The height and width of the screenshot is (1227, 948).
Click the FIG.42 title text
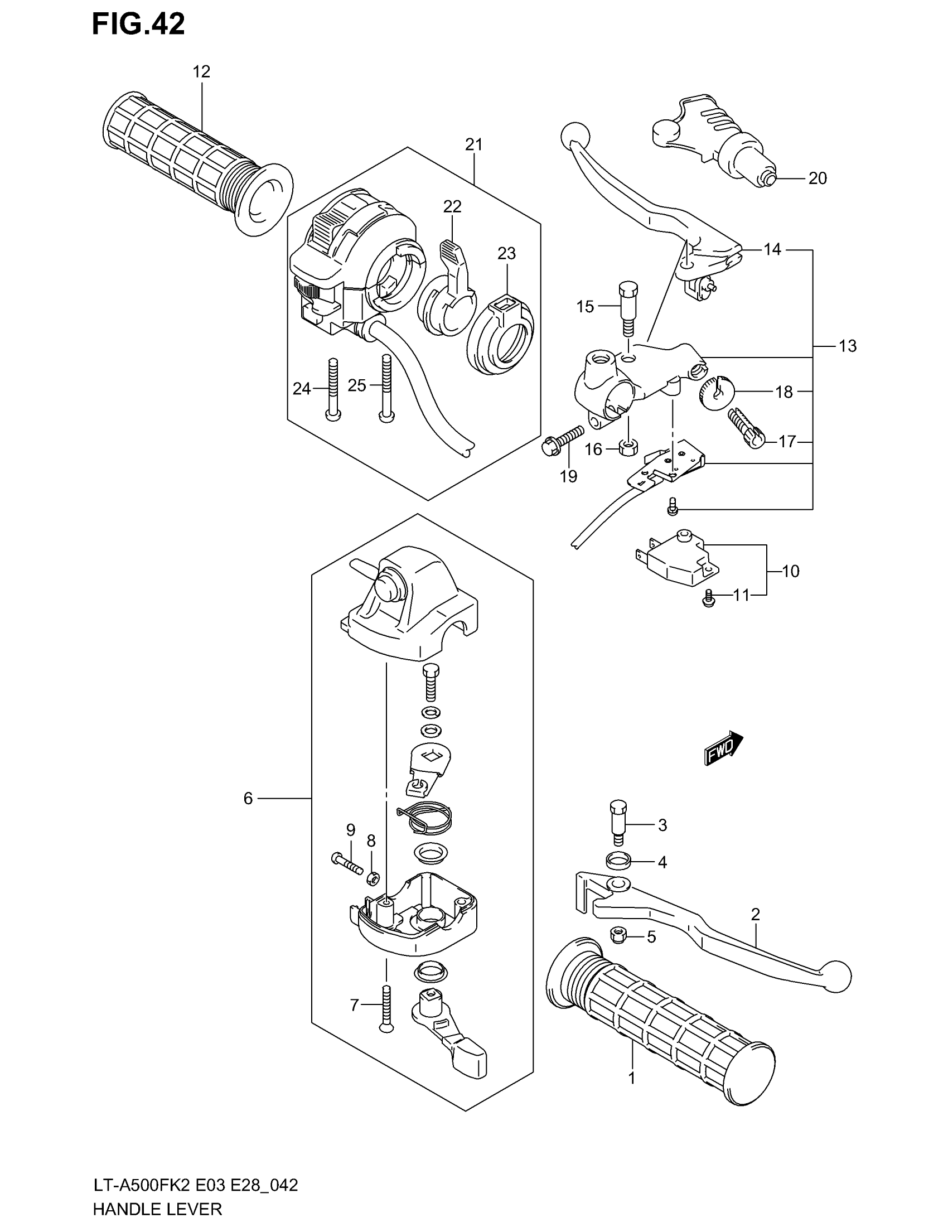138,25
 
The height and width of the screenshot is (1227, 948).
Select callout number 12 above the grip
201,71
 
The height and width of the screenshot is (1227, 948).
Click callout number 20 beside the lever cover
817,178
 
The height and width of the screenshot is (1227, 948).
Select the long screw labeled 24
333,389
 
